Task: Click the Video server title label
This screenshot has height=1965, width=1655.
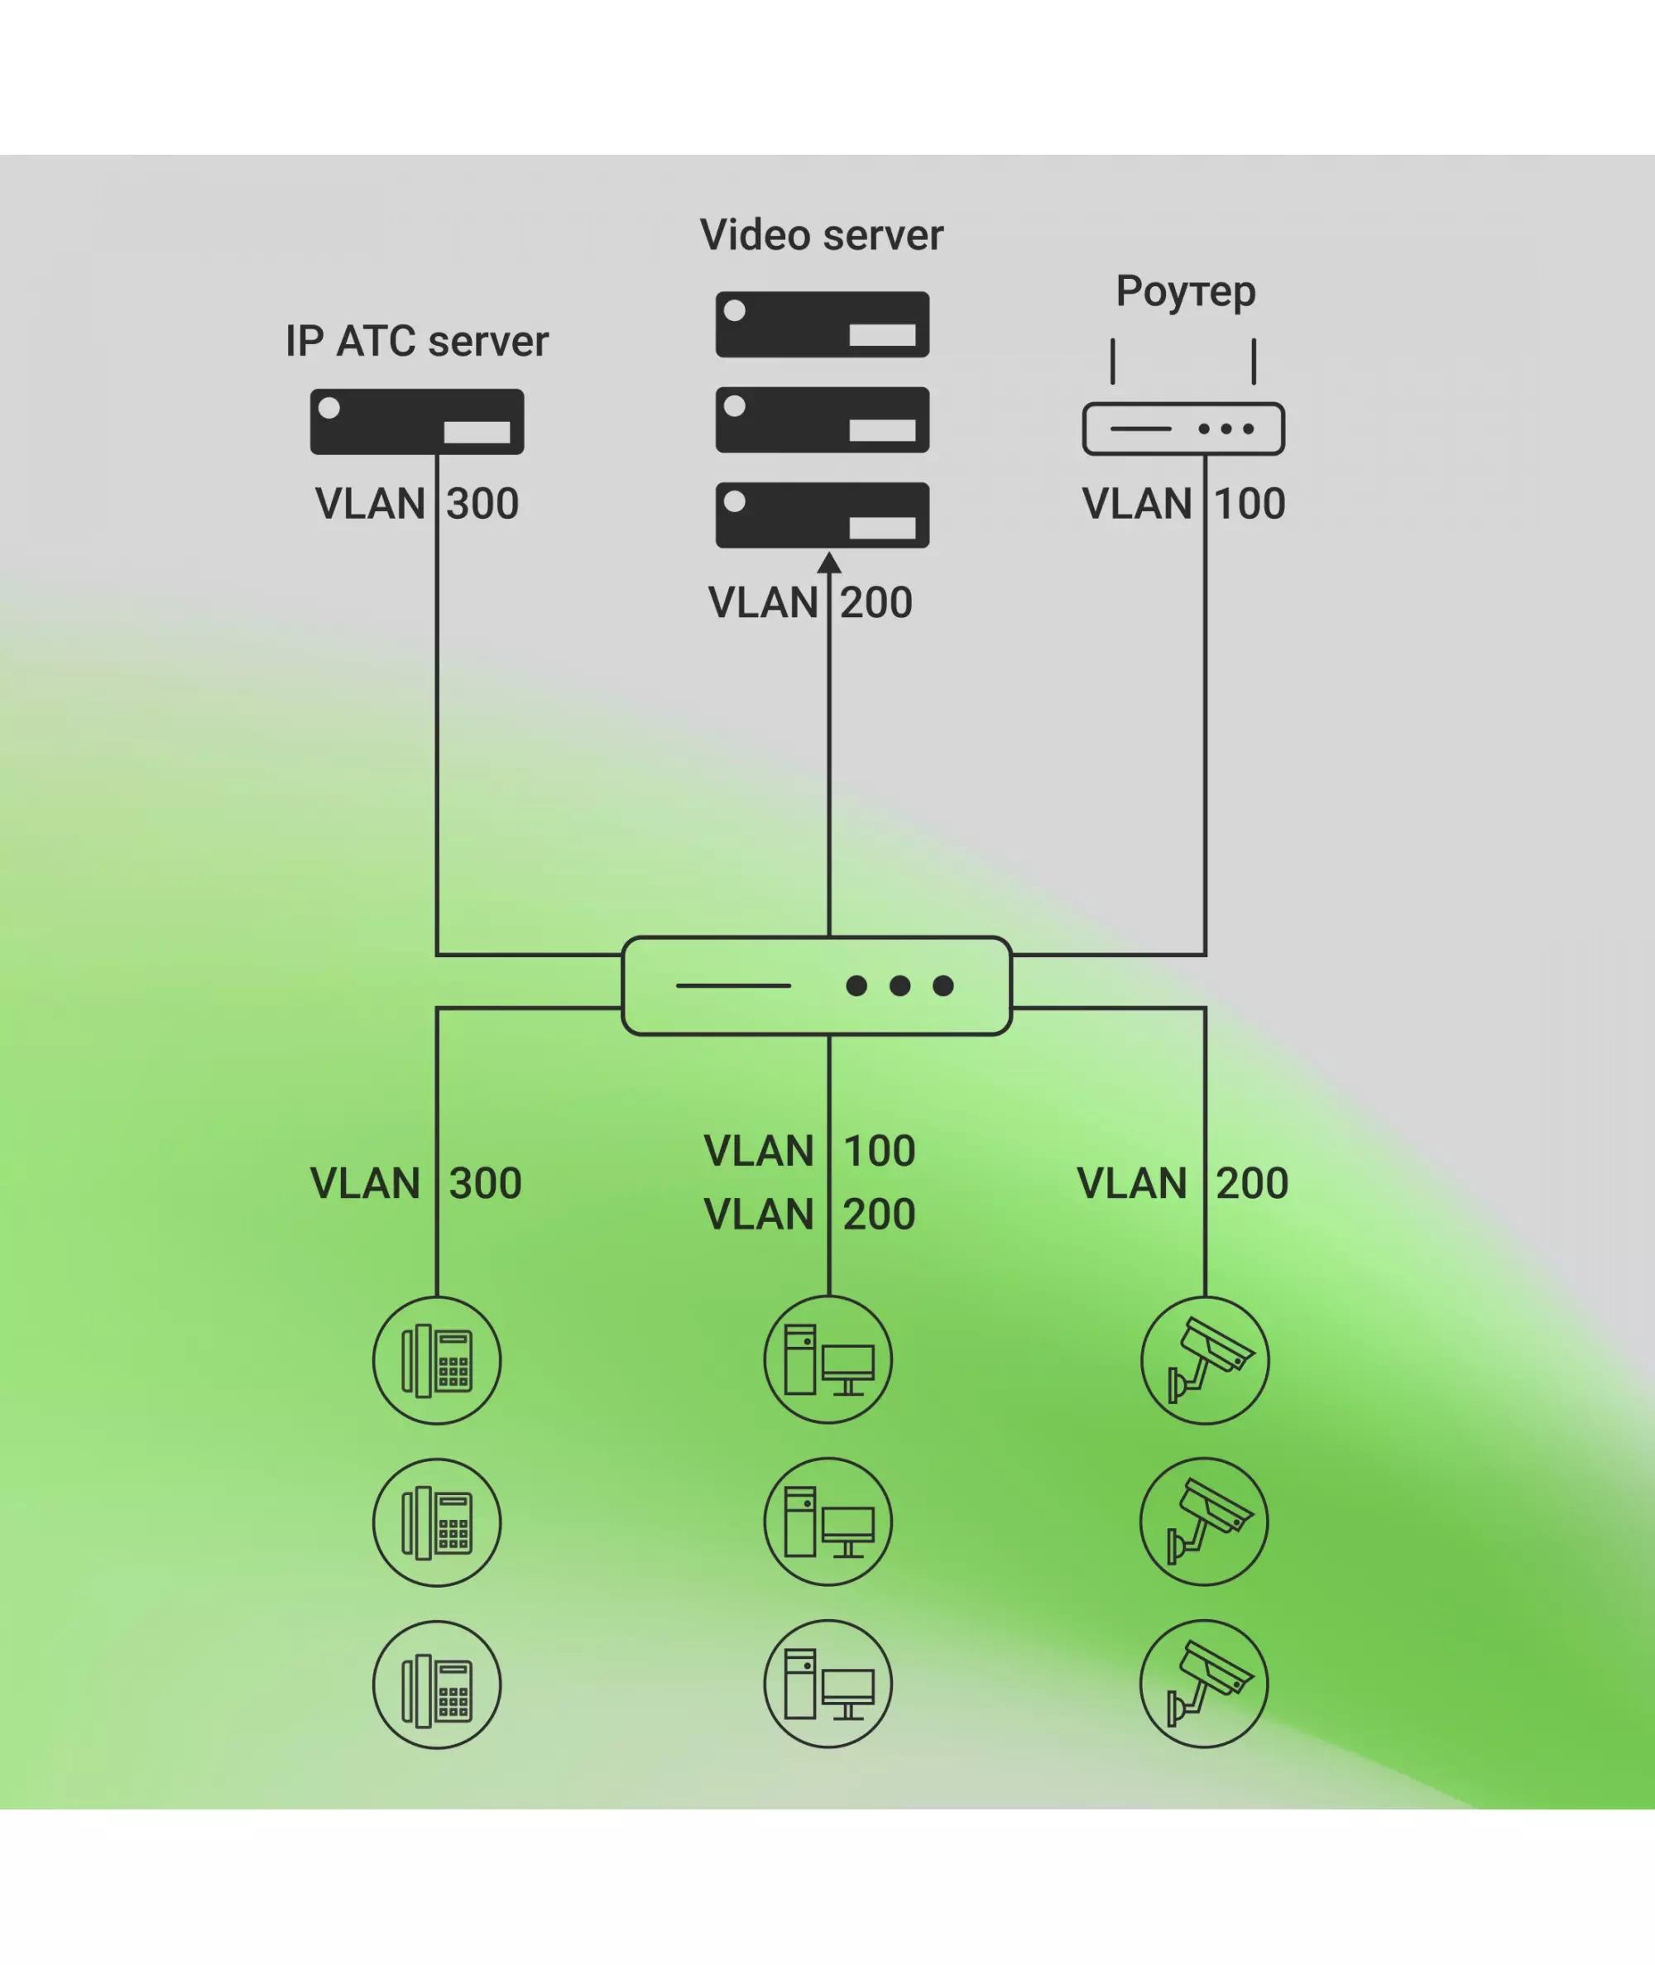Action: pos(821,234)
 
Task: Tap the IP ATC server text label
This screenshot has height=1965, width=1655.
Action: pos(416,341)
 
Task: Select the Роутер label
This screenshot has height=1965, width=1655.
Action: pos(1185,292)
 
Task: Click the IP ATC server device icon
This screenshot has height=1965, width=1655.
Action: pos(416,422)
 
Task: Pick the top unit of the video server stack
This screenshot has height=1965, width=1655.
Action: pos(822,324)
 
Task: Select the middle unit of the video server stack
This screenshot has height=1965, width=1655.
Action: pos(822,419)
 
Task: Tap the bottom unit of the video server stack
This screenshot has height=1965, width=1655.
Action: pos(822,515)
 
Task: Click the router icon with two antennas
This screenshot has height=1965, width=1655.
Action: pos(1183,429)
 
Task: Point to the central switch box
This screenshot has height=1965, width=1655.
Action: pos(816,985)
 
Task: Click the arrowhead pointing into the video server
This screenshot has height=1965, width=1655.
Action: pos(829,562)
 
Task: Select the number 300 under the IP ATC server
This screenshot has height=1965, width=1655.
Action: pos(482,504)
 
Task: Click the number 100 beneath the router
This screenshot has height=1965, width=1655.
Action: pos(1250,504)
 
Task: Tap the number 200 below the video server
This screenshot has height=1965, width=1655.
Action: pos(876,602)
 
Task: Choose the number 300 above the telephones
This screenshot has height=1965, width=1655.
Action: pos(485,1183)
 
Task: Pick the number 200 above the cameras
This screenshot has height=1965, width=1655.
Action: pos(1253,1183)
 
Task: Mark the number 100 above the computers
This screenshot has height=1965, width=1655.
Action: pos(879,1151)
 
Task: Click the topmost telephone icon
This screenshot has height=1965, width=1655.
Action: pos(437,1360)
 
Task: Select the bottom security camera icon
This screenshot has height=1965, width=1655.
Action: pos(1205,1684)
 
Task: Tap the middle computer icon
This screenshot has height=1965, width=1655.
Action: pos(828,1522)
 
